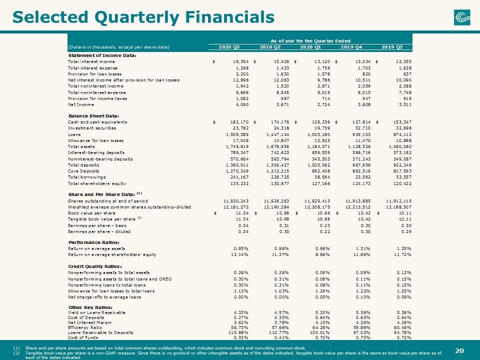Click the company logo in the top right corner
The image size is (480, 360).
pos(462,17)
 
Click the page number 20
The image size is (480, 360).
pos(459,351)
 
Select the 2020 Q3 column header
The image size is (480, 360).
pos(229,47)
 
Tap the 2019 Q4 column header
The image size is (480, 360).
pos(351,47)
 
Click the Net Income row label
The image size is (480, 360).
pos(81,104)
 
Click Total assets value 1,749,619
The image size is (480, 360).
pos(237,146)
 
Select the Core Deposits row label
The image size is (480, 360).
pos(83,171)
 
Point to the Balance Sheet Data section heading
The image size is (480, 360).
pos(93,116)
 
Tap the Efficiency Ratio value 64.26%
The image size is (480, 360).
pos(322,327)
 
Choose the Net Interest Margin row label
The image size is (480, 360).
pos(89,322)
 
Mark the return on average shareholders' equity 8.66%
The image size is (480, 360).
pos(322,254)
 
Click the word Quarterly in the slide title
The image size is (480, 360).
pos(137,17)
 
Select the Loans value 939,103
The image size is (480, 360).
pos(362,134)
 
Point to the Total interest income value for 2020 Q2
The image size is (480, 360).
pos(281,62)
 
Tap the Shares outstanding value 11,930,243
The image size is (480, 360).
pos(236,201)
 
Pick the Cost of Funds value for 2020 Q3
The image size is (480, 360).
pos(241,337)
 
